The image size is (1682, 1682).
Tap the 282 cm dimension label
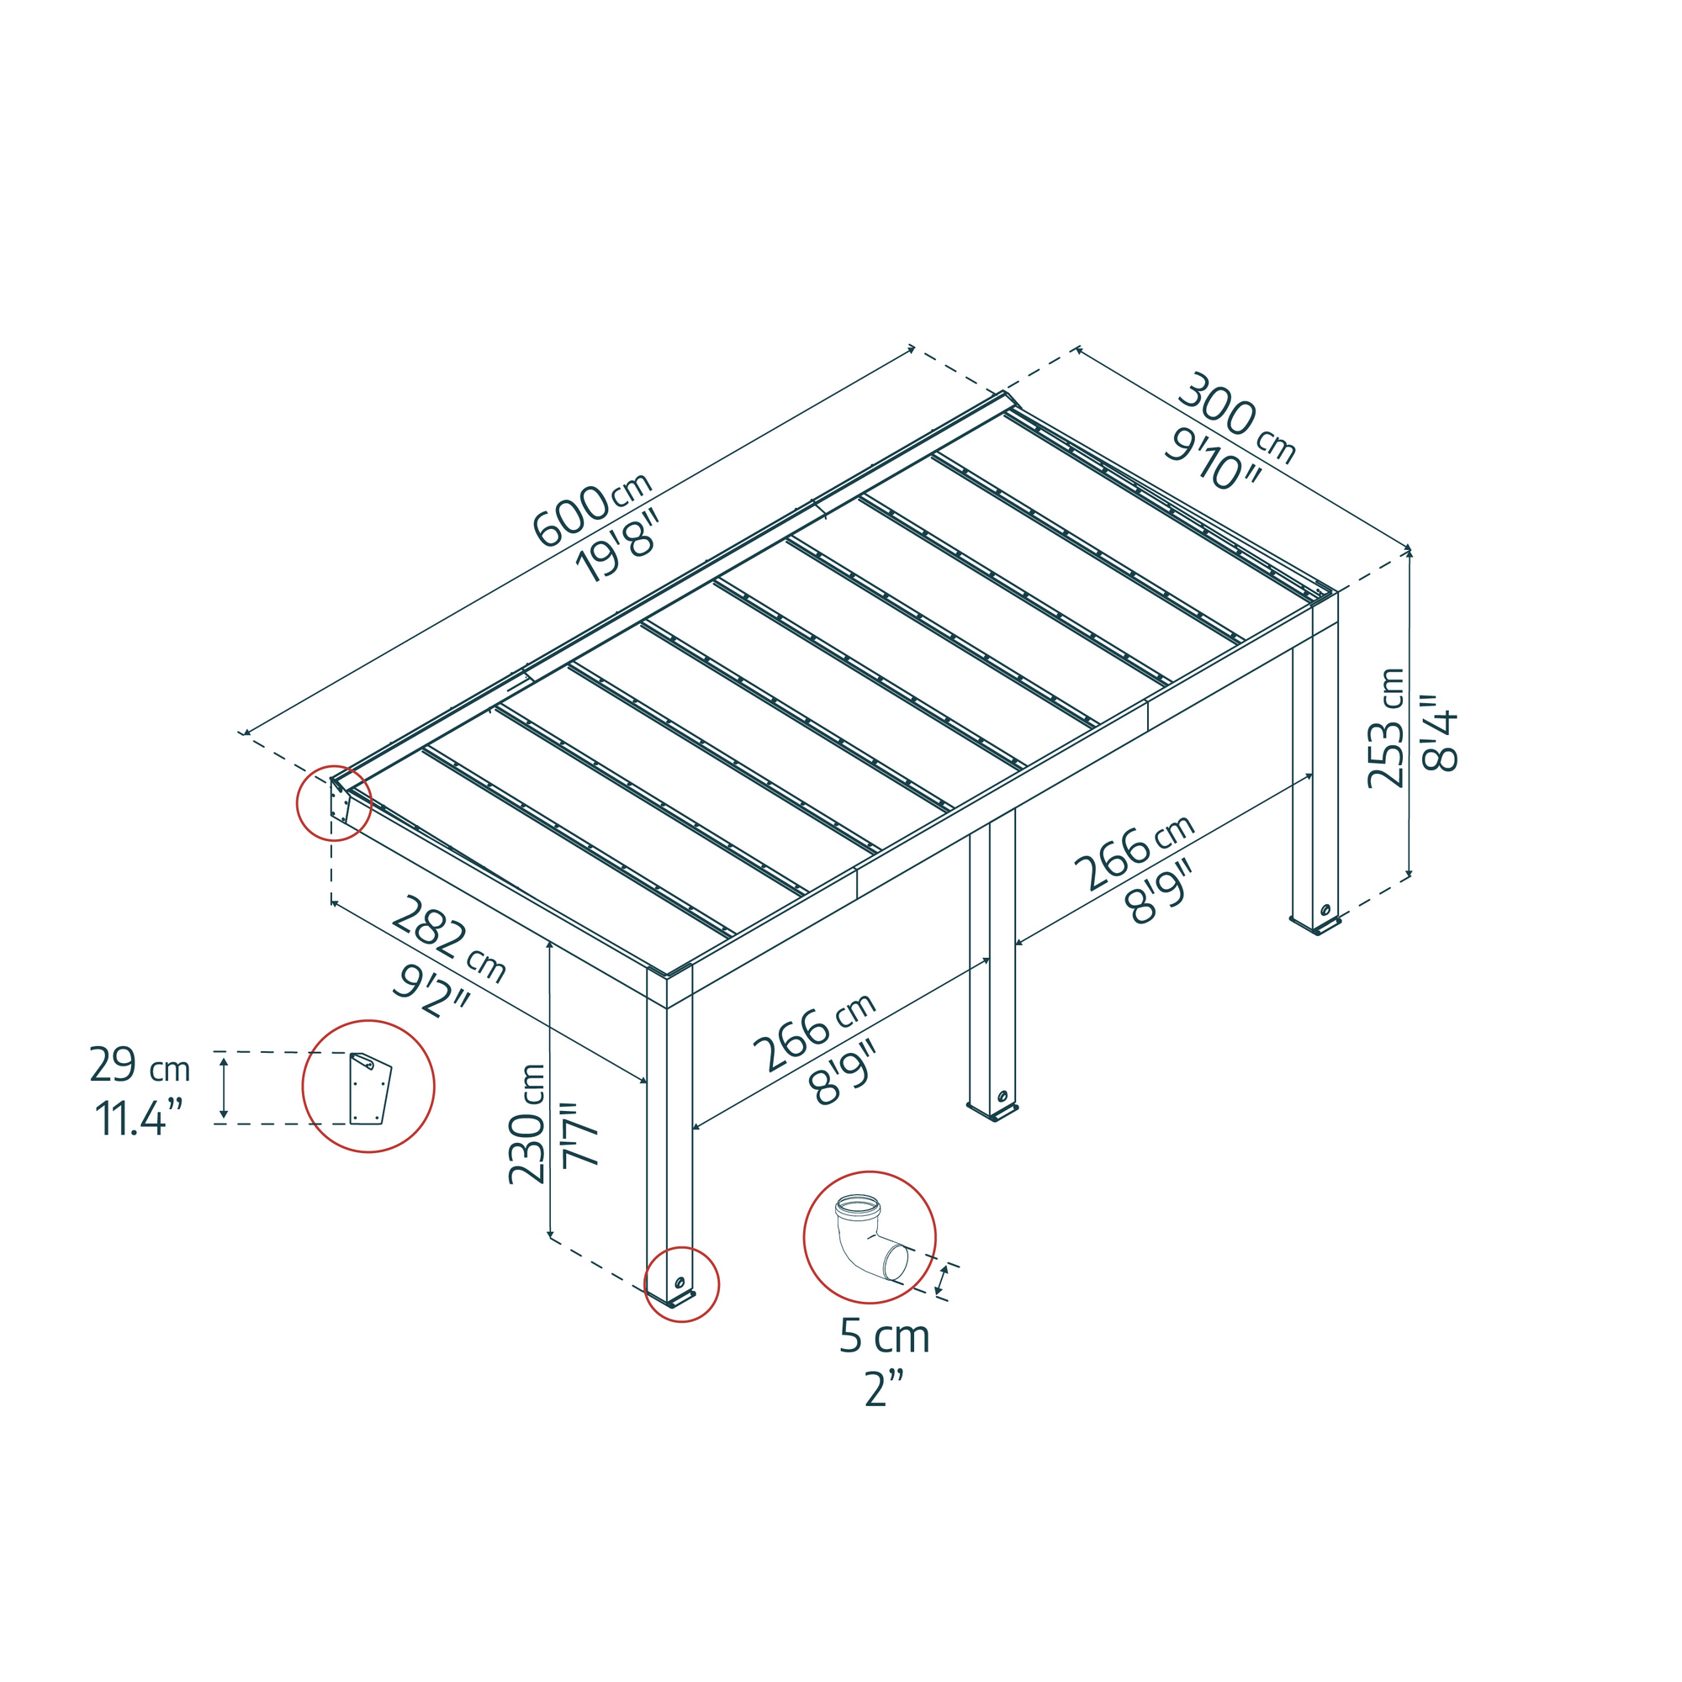447,939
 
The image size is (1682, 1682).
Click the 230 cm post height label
526,1124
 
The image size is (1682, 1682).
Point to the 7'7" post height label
580,1135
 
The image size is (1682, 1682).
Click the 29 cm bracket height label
140,1065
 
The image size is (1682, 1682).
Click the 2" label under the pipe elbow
886,1389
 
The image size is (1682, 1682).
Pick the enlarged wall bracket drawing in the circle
369,1088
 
